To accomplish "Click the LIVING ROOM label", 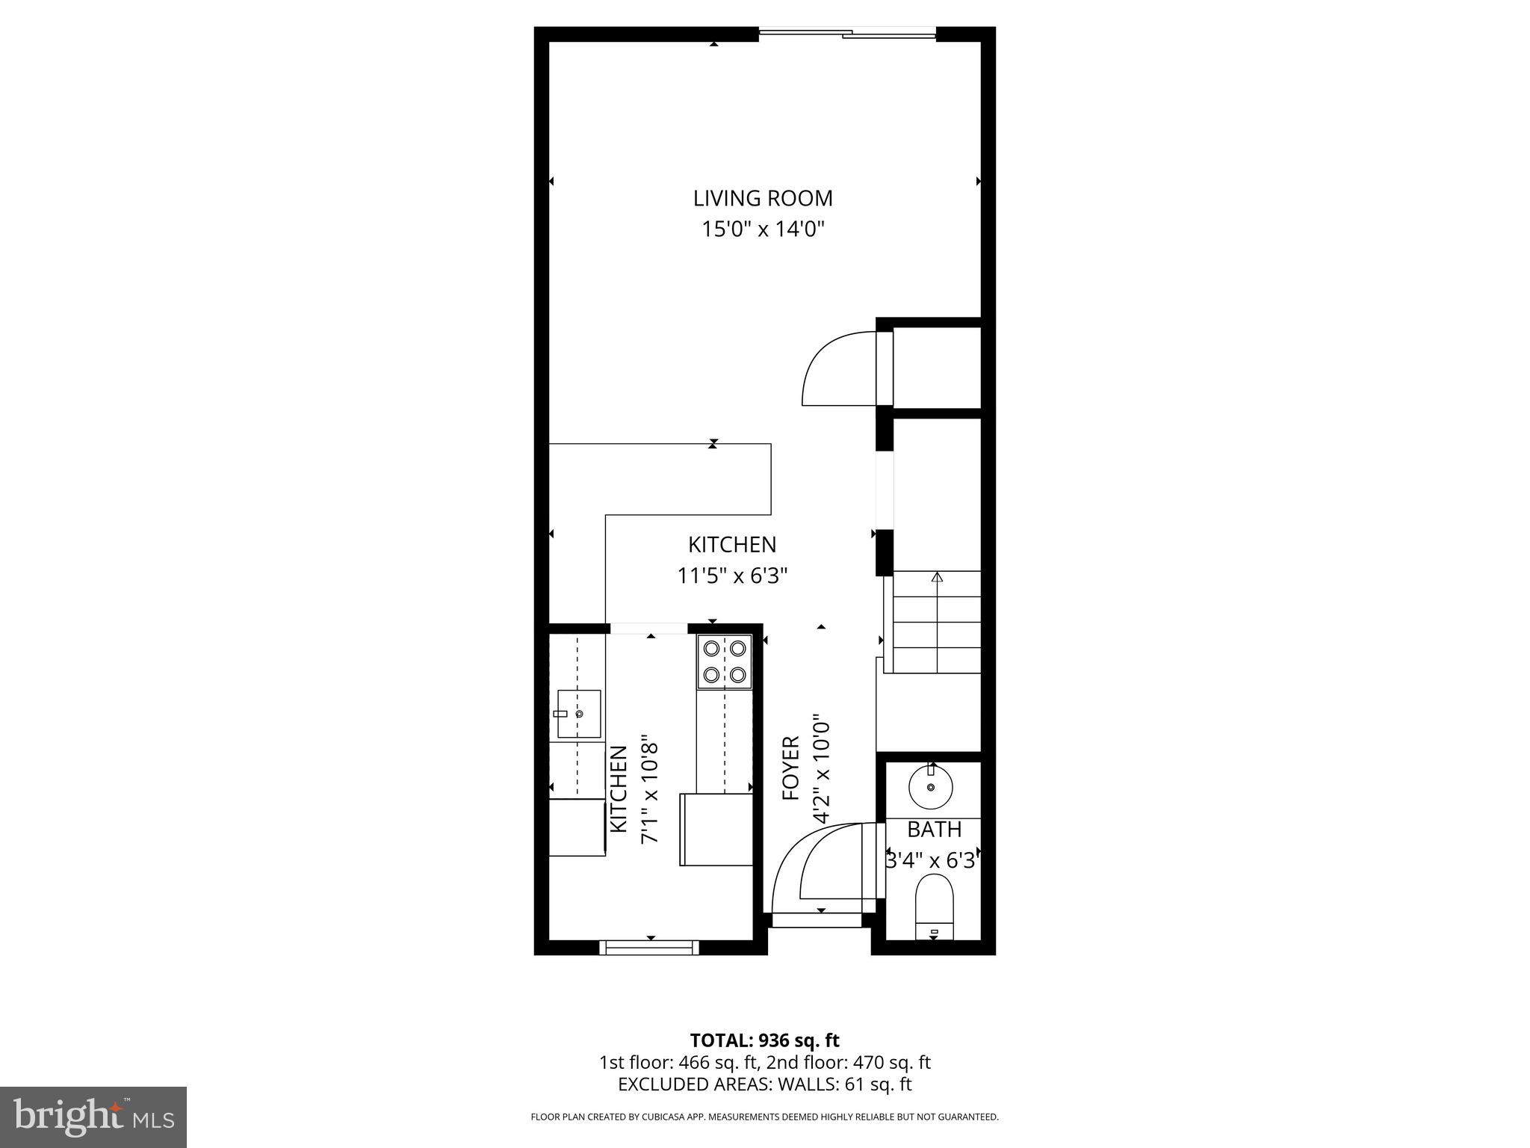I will (762, 199).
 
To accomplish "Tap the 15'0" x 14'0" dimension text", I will (762, 229).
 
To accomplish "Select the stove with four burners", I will (725, 661).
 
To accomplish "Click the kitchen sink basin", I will (579, 713).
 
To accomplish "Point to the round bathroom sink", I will (931, 788).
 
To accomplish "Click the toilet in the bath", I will (934, 907).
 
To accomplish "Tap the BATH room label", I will (934, 830).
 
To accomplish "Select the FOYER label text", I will (790, 768).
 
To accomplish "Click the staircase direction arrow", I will (937, 577).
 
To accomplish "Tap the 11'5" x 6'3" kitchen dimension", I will (732, 575).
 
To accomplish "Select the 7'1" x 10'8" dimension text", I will (650, 792).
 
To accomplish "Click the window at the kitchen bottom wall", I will (649, 948).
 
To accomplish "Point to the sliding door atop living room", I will (847, 33).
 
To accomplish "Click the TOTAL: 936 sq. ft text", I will (764, 1040).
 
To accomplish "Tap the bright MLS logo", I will (93, 1117).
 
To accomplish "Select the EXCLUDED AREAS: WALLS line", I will (764, 1084).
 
